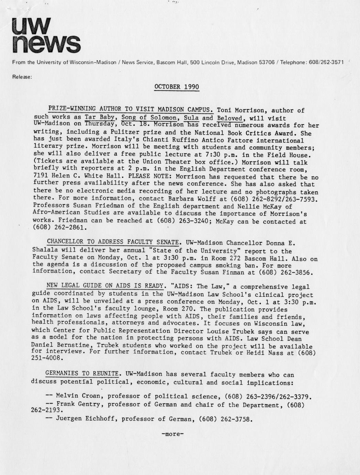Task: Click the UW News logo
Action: (x=46, y=35)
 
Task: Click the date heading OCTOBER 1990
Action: (x=177, y=87)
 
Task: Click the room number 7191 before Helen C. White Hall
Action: (x=41, y=176)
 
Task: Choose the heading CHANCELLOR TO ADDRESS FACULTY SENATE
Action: (x=113, y=242)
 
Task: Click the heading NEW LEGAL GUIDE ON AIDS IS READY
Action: (x=105, y=285)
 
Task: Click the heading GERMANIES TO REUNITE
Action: (x=82, y=373)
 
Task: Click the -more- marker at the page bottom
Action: (x=172, y=434)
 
